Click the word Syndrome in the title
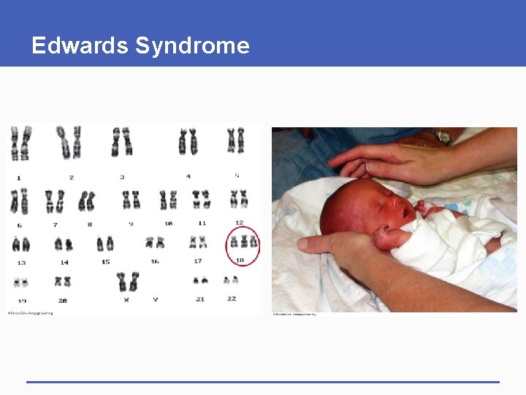(192, 46)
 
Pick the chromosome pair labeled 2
(70, 142)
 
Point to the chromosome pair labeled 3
(121, 142)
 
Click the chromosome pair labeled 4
(188, 141)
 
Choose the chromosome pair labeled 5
(235, 140)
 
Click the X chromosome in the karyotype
(128, 281)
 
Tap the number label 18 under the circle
(240, 260)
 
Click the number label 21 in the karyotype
(200, 299)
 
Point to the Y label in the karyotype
(155, 300)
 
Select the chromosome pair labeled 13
(20, 244)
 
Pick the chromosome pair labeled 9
(131, 199)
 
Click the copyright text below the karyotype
(31, 313)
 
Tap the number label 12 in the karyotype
(239, 222)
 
